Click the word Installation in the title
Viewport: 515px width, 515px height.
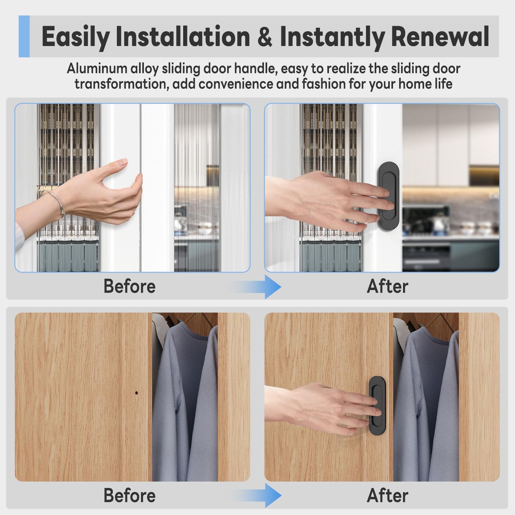[x=182, y=36]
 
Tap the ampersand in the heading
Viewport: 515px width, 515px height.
[x=265, y=37]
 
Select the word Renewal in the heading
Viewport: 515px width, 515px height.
[x=440, y=36]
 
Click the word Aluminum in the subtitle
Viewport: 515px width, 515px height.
[x=97, y=68]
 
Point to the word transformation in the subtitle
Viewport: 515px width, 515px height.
[x=122, y=84]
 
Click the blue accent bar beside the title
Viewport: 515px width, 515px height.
[x=24, y=36]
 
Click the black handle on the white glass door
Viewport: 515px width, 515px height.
[x=389, y=196]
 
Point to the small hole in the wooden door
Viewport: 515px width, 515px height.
[x=137, y=393]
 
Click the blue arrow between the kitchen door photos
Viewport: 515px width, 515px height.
[x=255, y=287]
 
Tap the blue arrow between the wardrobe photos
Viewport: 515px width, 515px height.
[x=255, y=495]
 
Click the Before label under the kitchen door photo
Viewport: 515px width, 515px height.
[x=130, y=286]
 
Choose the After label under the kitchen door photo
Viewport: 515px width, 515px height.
[x=387, y=286]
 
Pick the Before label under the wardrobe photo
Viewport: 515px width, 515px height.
[x=130, y=495]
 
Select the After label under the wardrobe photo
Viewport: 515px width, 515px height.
[x=387, y=495]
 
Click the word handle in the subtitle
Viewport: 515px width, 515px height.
[x=255, y=68]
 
